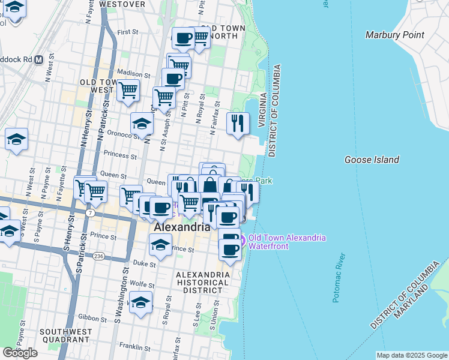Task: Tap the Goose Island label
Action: click(372, 160)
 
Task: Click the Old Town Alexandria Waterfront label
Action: click(286, 242)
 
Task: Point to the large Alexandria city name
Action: click(182, 227)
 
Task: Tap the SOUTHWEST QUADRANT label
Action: click(66, 336)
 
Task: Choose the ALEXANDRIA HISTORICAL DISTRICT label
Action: click(202, 282)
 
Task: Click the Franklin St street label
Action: click(134, 347)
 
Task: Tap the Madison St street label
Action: click(133, 73)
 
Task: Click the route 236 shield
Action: click(98, 256)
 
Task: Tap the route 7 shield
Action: click(89, 213)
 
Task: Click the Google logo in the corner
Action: click(20, 352)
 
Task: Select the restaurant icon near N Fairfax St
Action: click(238, 123)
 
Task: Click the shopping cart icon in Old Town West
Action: click(127, 91)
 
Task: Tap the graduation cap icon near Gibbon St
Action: click(141, 303)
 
